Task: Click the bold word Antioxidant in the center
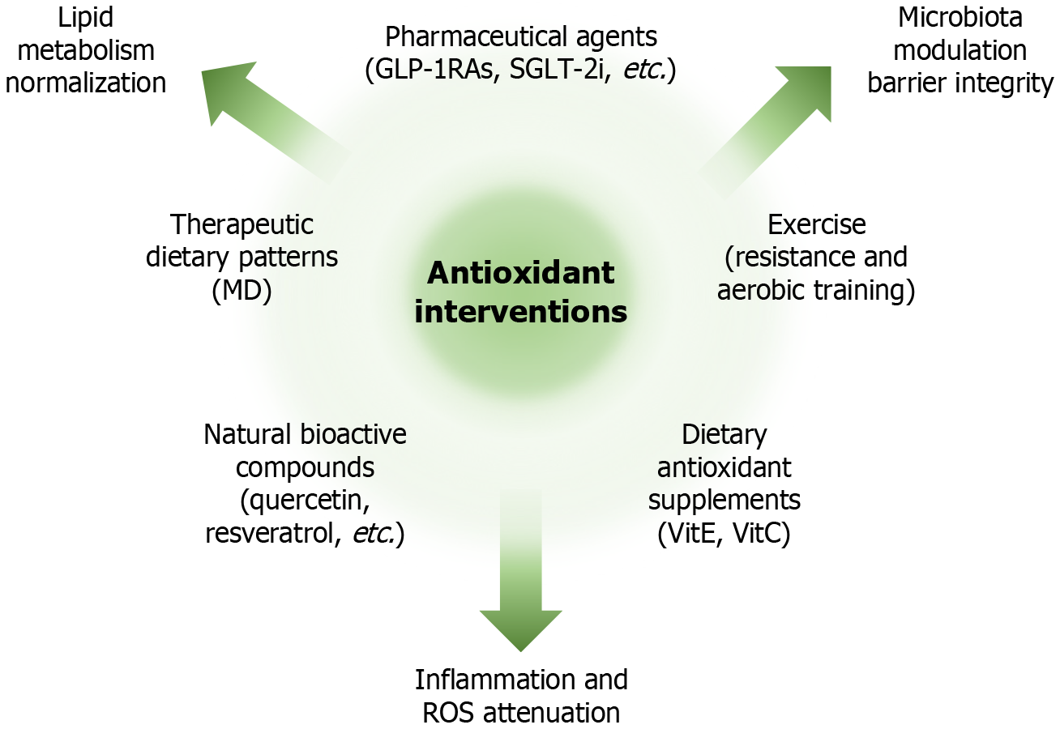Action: coord(520,274)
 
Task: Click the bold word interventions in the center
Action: coord(520,312)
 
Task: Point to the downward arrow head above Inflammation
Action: coord(520,628)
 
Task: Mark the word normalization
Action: coord(84,83)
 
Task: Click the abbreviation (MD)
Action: coord(241,291)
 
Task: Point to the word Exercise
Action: coord(817,224)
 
